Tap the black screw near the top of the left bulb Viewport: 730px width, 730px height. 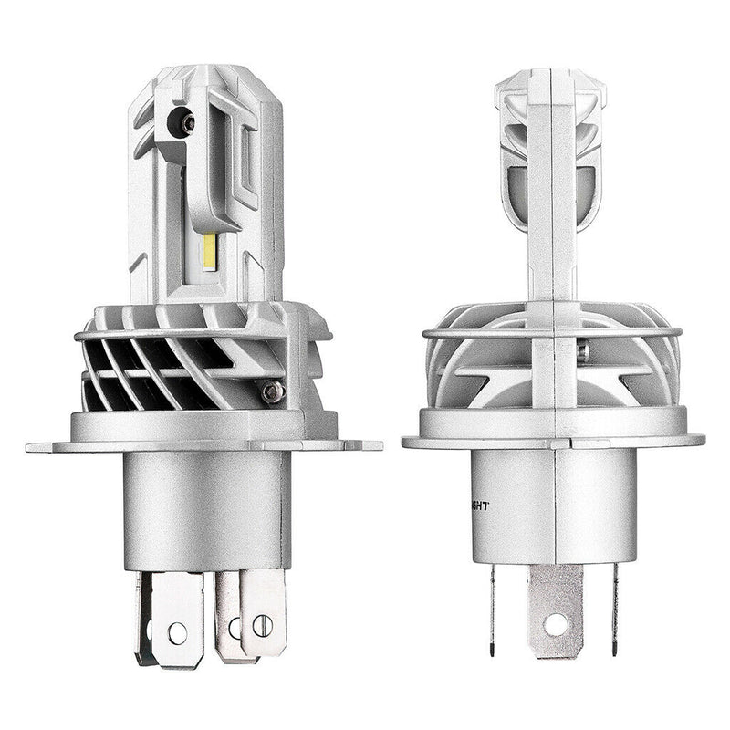point(187,122)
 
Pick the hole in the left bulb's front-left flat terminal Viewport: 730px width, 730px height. point(177,631)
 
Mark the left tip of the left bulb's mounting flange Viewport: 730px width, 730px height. point(30,447)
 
